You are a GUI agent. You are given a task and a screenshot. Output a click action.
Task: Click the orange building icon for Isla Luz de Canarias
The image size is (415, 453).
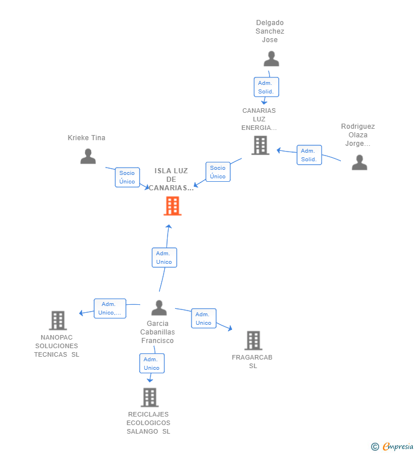[x=173, y=206]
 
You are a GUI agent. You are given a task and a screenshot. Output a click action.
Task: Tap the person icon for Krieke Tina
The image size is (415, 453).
[x=88, y=156]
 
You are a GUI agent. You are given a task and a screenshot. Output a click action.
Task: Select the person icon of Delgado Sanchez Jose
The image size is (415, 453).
[x=271, y=59]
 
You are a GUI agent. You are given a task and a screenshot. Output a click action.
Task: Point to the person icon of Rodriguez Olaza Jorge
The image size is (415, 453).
[x=360, y=162]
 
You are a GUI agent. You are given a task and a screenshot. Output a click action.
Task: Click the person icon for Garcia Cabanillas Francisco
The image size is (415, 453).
[x=159, y=308]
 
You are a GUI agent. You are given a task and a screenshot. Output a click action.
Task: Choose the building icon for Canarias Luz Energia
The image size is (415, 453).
[x=261, y=145]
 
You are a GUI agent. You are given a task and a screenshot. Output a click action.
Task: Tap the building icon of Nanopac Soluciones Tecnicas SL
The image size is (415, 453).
[x=58, y=320]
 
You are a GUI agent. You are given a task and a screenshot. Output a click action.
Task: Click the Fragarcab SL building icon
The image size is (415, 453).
[x=254, y=340]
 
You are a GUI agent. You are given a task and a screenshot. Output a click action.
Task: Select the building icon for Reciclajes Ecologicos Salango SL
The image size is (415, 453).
[x=150, y=397]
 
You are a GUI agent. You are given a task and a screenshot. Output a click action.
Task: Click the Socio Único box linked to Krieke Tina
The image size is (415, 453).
[x=128, y=177]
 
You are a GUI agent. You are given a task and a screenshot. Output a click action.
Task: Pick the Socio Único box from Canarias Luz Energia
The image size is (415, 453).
[x=218, y=172]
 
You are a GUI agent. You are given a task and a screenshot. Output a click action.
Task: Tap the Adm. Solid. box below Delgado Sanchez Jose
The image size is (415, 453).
[x=266, y=87]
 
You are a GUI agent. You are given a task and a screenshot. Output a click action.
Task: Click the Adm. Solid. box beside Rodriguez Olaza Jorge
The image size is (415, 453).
[x=309, y=155]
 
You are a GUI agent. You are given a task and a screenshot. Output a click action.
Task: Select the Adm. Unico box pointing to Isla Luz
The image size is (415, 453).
[x=164, y=258]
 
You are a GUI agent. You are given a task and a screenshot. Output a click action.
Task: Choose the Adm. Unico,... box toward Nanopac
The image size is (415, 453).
[x=110, y=308]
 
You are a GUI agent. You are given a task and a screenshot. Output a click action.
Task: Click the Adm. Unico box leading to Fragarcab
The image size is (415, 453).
[x=204, y=319]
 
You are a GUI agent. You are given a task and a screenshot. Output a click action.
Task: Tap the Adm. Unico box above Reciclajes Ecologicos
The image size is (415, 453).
[x=152, y=364]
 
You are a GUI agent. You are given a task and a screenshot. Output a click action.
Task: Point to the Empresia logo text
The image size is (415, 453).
[x=398, y=446]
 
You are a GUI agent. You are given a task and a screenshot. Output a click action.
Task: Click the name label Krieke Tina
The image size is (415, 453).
[x=87, y=138]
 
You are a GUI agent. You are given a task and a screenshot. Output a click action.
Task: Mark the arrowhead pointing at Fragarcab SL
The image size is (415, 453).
[x=230, y=328]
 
